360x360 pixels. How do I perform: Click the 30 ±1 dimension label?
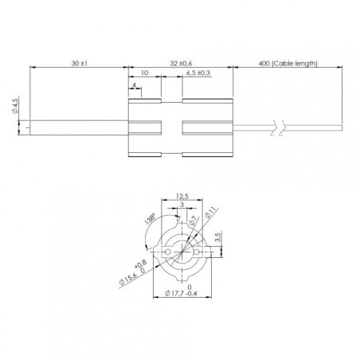click(76, 61)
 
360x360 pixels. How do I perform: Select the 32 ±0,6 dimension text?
click(180, 61)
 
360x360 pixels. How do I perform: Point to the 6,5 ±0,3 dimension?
click(198, 73)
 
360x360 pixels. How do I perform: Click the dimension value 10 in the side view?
click(144, 72)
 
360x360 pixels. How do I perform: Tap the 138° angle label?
click(149, 217)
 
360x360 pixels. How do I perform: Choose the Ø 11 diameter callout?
click(210, 213)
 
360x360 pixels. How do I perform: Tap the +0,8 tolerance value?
click(141, 264)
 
